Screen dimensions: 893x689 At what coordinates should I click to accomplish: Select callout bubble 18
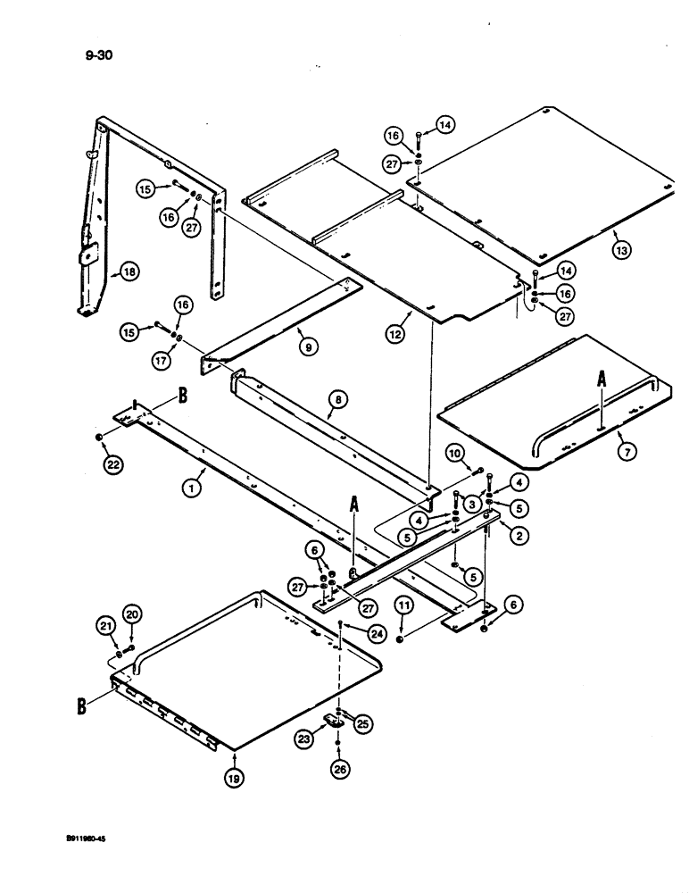click(x=129, y=276)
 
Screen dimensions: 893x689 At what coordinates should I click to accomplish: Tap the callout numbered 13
click(x=621, y=251)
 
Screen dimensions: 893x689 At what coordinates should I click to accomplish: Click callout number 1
click(x=189, y=488)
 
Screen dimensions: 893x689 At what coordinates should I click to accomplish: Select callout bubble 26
click(x=338, y=765)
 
